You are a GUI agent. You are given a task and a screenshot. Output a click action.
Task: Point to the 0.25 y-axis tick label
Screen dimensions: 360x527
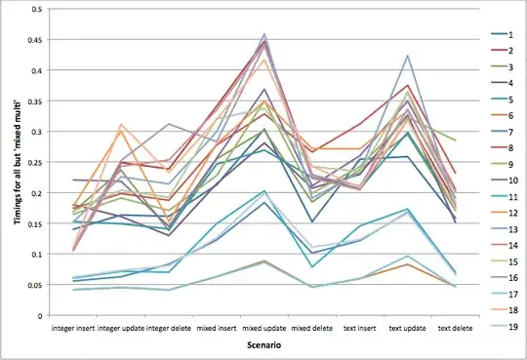pyautogui.click(x=37, y=162)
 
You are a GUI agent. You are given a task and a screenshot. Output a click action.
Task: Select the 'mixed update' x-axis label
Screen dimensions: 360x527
pyautogui.click(x=264, y=330)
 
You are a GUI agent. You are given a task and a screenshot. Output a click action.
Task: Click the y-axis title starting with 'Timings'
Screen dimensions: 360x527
pyautogui.click(x=16, y=162)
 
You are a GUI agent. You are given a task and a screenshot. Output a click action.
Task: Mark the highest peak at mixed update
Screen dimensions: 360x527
pyautogui.click(x=264, y=34)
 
